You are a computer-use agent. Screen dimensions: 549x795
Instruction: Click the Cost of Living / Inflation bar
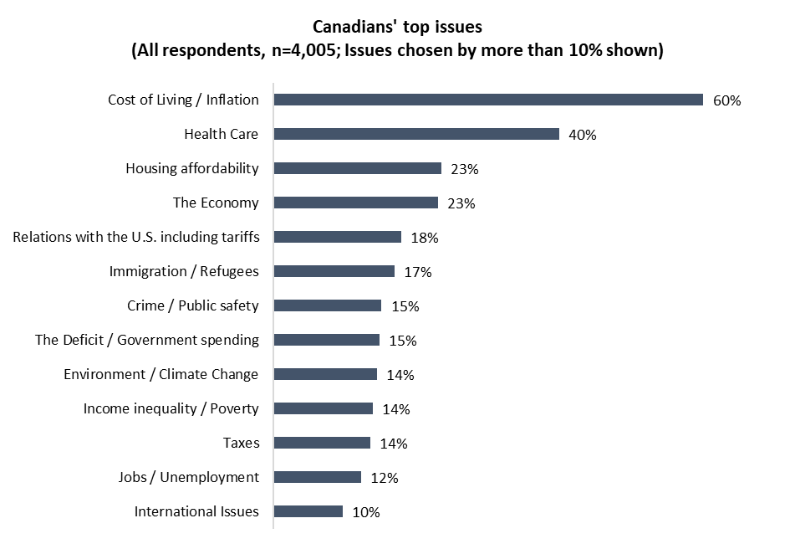pyautogui.click(x=488, y=100)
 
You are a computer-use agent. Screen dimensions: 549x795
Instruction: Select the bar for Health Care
pyautogui.click(x=416, y=134)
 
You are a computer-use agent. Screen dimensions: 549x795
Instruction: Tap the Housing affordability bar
pyautogui.click(x=358, y=168)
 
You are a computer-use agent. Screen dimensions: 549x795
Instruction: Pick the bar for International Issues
pyautogui.click(x=308, y=511)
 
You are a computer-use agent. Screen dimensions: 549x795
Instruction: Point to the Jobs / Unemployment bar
pyautogui.click(x=318, y=477)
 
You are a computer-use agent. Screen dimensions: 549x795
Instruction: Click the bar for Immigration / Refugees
pyautogui.click(x=334, y=271)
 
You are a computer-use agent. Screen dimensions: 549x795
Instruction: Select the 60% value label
pyautogui.click(x=726, y=100)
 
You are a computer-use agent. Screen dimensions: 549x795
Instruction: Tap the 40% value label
pyautogui.click(x=582, y=135)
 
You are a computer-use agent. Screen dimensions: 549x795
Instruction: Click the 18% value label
pyautogui.click(x=425, y=238)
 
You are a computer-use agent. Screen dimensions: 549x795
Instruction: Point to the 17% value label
pyautogui.click(x=418, y=272)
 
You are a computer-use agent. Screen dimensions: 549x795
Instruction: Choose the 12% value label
pyautogui.click(x=385, y=478)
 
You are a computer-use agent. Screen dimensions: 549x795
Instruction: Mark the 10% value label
pyautogui.click(x=366, y=512)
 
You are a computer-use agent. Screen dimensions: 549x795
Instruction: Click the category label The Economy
pyautogui.click(x=216, y=203)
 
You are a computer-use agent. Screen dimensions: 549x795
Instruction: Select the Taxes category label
pyautogui.click(x=241, y=443)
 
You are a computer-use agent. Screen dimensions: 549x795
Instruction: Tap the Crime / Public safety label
pyautogui.click(x=194, y=305)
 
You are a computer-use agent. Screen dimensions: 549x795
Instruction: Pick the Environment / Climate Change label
pyautogui.click(x=161, y=374)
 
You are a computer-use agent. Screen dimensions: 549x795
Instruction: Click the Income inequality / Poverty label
pyautogui.click(x=171, y=408)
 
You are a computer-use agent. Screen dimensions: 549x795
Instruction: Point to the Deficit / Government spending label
pyautogui.click(x=147, y=340)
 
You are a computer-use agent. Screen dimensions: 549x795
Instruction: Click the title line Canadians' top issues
pyautogui.click(x=397, y=27)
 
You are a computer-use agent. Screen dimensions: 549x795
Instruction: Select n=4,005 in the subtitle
pyautogui.click(x=319, y=50)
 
